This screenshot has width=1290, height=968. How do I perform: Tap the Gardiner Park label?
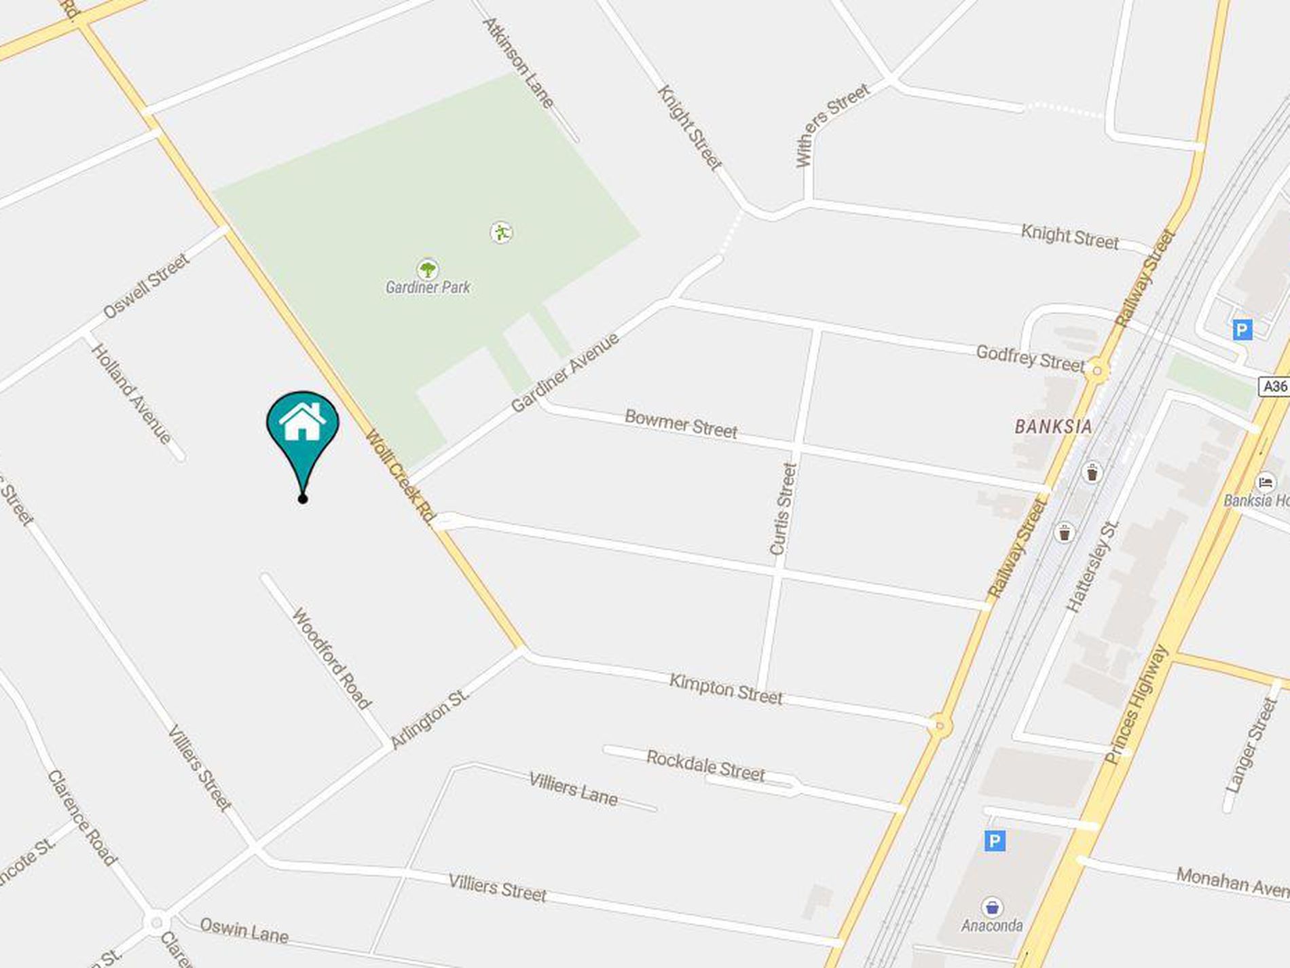click(428, 287)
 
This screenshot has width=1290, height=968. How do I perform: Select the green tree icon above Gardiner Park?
click(427, 270)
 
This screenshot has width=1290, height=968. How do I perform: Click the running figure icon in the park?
click(501, 233)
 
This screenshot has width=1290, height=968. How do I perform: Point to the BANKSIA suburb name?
click(1053, 427)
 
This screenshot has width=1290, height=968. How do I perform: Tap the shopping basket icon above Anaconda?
click(993, 908)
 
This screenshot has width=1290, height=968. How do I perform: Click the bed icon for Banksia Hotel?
click(1266, 483)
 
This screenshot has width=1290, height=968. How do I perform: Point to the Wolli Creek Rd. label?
click(401, 477)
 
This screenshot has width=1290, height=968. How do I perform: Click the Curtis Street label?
click(783, 509)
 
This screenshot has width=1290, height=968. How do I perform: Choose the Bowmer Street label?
click(680, 424)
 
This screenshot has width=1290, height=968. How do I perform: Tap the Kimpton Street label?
click(726, 689)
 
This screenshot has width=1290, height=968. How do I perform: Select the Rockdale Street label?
click(705, 766)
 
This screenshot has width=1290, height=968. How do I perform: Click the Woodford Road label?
click(331, 658)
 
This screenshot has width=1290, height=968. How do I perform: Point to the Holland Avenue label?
click(132, 394)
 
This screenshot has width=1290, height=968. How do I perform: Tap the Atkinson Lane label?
click(519, 63)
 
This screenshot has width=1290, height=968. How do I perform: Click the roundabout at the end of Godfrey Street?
click(1096, 371)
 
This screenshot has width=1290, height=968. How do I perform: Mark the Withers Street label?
click(832, 125)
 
